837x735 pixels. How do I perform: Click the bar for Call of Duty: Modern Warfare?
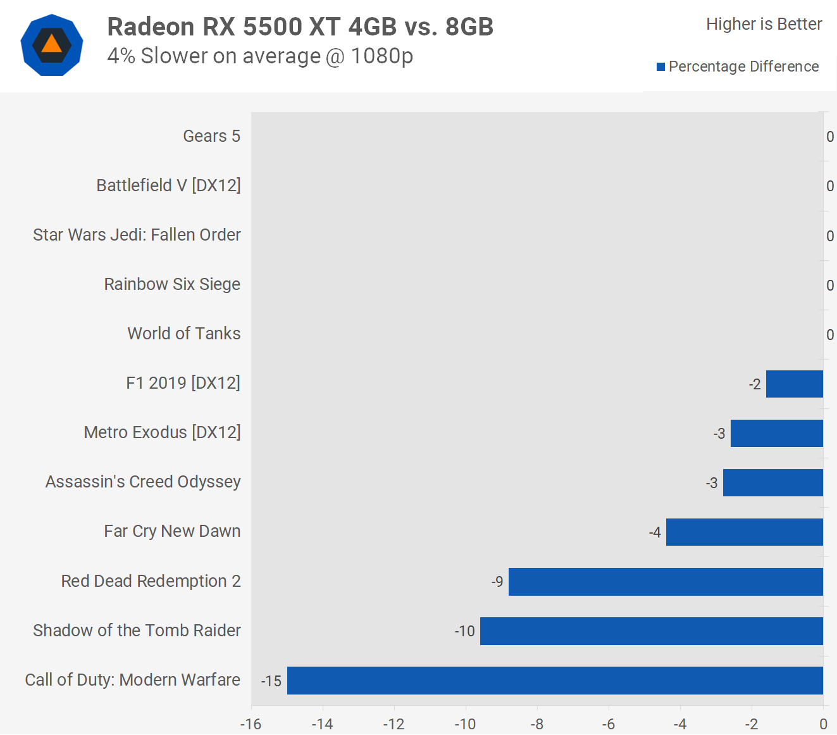pyautogui.click(x=555, y=681)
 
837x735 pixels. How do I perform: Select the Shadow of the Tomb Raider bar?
pyautogui.click(x=652, y=631)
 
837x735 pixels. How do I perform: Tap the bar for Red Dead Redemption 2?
pyautogui.click(x=666, y=582)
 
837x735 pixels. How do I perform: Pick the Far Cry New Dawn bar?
pyautogui.click(x=745, y=532)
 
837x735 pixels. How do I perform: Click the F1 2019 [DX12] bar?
pyautogui.click(x=795, y=384)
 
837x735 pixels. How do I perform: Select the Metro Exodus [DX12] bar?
pyautogui.click(x=777, y=434)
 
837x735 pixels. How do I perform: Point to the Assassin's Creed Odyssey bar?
pyautogui.click(x=773, y=483)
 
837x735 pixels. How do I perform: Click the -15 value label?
pyautogui.click(x=271, y=681)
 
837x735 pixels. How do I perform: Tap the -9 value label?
pyautogui.click(x=497, y=582)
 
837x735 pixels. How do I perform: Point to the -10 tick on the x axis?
pyautogui.click(x=466, y=724)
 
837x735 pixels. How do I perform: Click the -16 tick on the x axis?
pyautogui.click(x=251, y=724)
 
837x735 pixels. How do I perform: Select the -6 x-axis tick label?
pyautogui.click(x=609, y=724)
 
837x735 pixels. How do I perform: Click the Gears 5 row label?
pyautogui.click(x=211, y=136)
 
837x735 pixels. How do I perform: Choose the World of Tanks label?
pyautogui.click(x=184, y=334)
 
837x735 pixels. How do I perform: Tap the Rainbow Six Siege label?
pyautogui.click(x=172, y=284)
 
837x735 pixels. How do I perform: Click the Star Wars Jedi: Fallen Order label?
pyautogui.click(x=137, y=235)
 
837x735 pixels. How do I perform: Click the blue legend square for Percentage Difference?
pyautogui.click(x=660, y=67)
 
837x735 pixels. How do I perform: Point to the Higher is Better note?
pyautogui.click(x=764, y=24)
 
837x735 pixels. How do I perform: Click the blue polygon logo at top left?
pyautogui.click(x=52, y=45)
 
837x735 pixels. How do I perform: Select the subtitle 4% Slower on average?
pyautogui.click(x=260, y=56)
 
